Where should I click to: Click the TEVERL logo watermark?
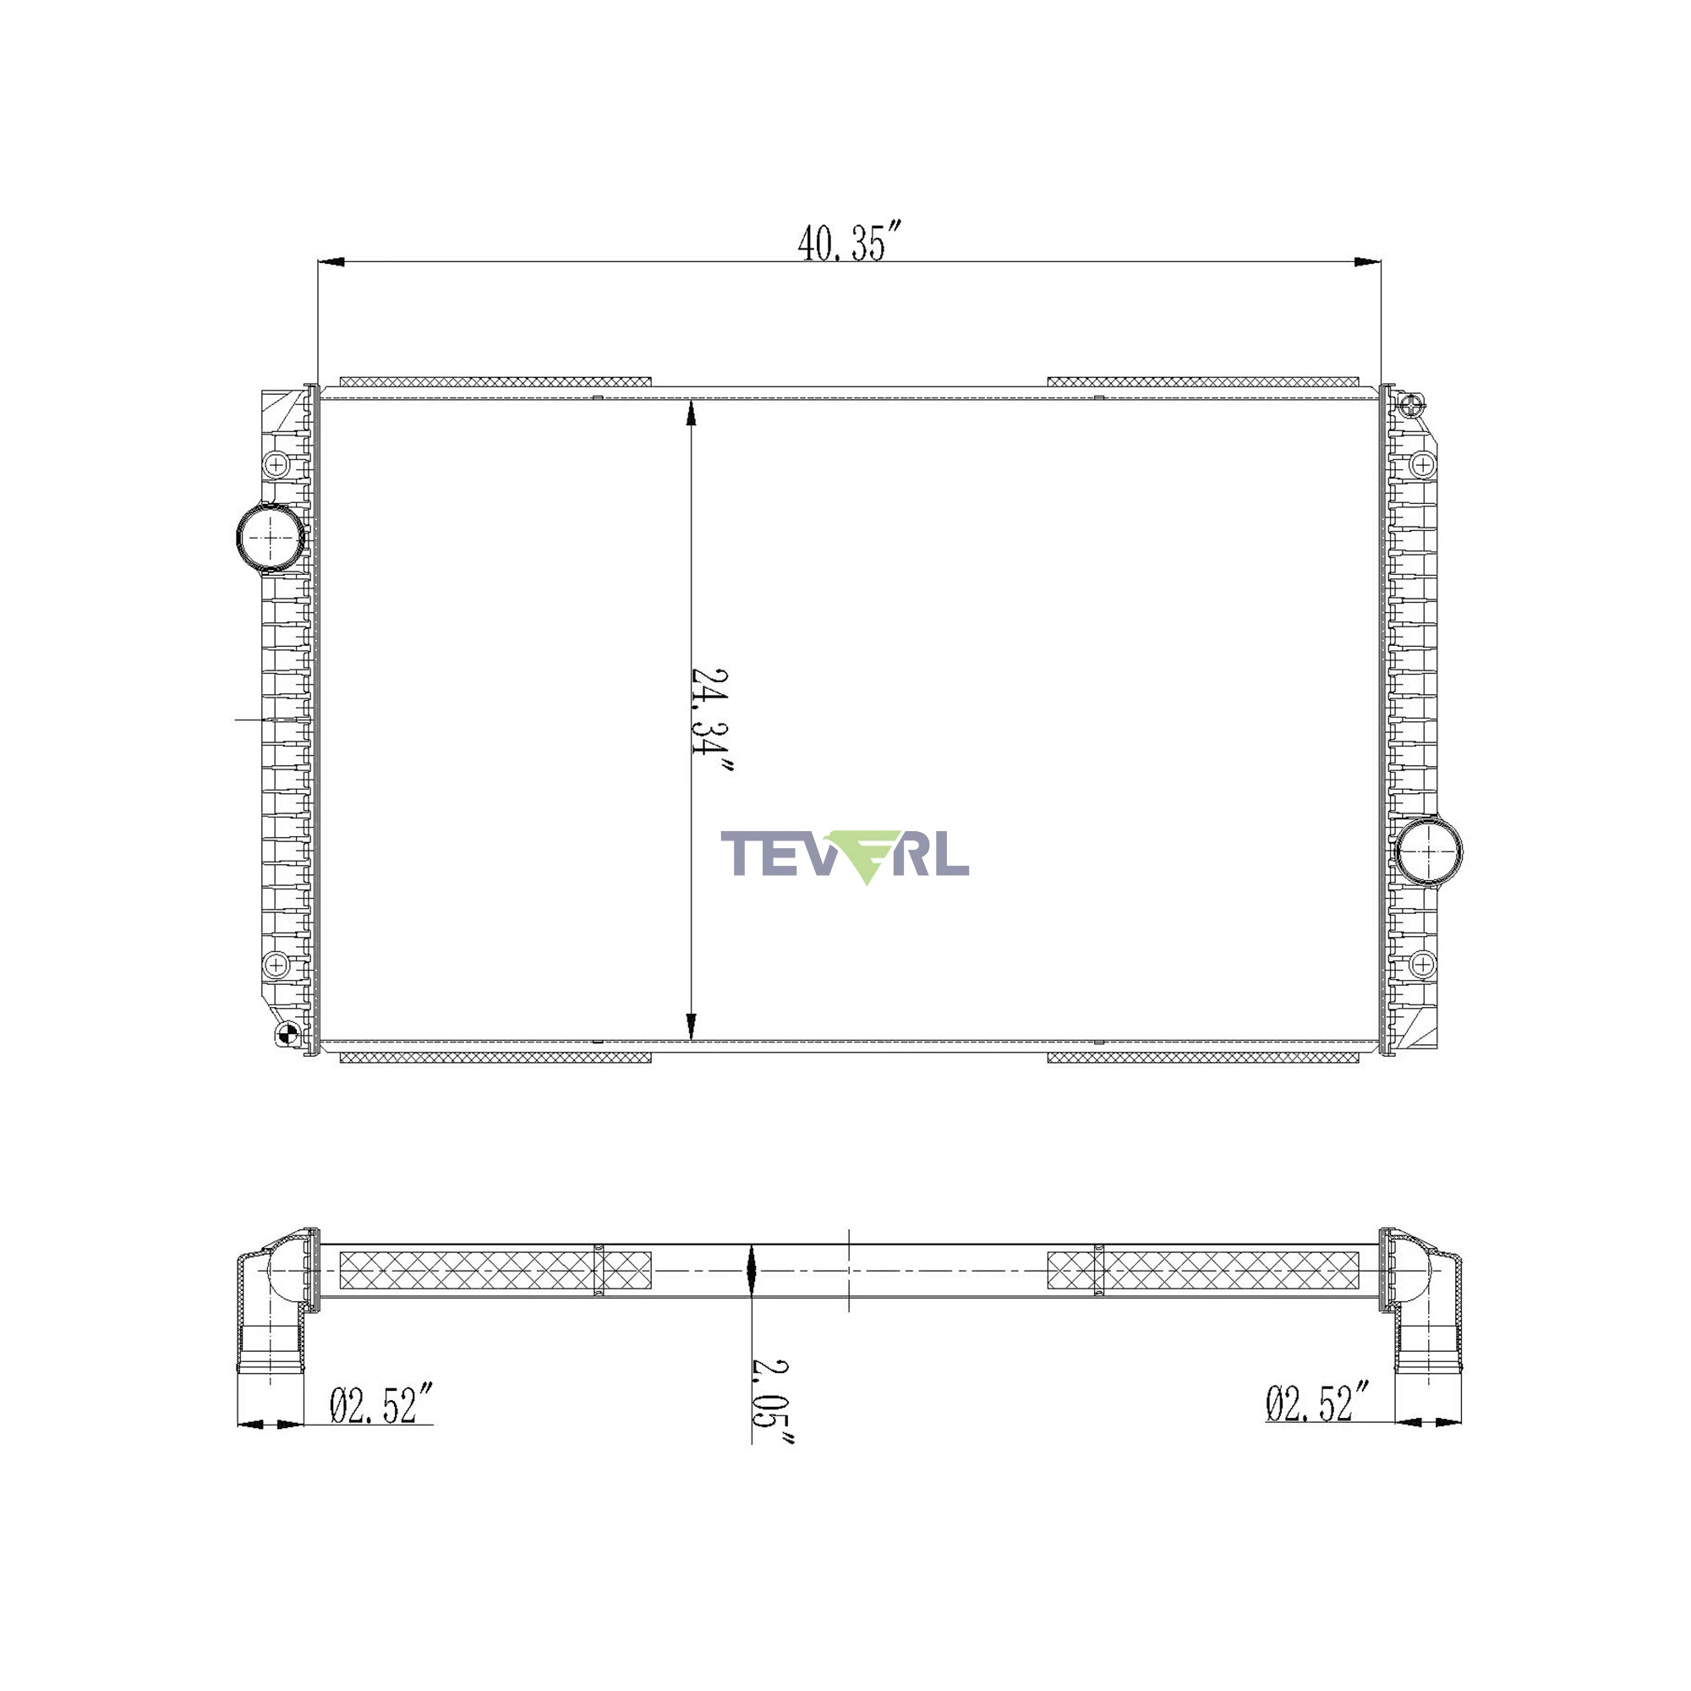[x=845, y=855]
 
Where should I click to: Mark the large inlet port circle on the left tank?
[x=271, y=538]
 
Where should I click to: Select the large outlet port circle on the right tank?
[x=1428, y=851]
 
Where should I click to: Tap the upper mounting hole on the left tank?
[x=276, y=464]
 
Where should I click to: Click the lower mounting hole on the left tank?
[x=276, y=965]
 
